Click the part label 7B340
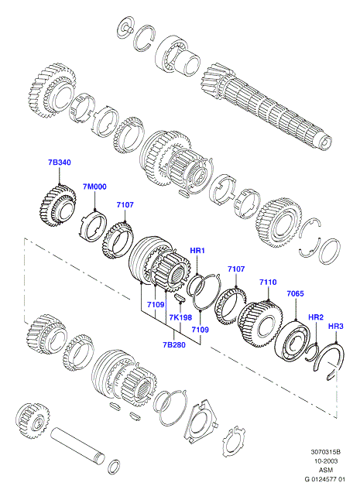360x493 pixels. [x=59, y=163]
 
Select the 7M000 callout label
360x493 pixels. [x=94, y=187]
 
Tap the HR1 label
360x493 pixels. [x=197, y=251]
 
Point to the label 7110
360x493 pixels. [x=268, y=282]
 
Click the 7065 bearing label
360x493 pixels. [x=295, y=293]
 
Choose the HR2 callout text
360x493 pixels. [x=316, y=317]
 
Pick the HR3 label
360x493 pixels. [x=336, y=327]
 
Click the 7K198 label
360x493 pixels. [x=180, y=317]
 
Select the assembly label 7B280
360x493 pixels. [x=174, y=345]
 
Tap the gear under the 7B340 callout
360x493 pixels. [x=58, y=205]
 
